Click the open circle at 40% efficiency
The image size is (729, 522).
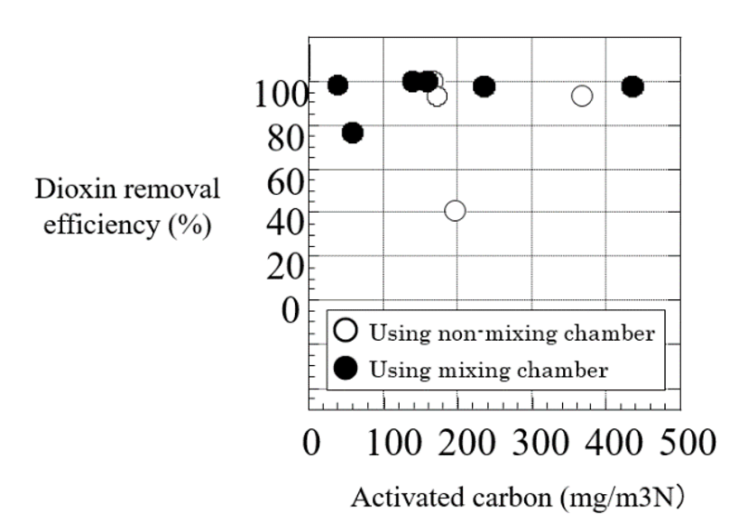[455, 210]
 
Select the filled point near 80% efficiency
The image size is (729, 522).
[353, 133]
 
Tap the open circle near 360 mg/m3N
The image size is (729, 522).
[582, 96]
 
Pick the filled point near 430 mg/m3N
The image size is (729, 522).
[632, 87]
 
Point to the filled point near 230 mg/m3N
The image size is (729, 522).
[484, 87]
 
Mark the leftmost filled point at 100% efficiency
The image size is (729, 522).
[337, 86]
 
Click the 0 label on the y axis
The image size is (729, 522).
[291, 309]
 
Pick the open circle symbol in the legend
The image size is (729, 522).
[345, 331]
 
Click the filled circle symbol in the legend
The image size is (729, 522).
[345, 367]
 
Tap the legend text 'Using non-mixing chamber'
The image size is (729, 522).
[510, 332]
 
